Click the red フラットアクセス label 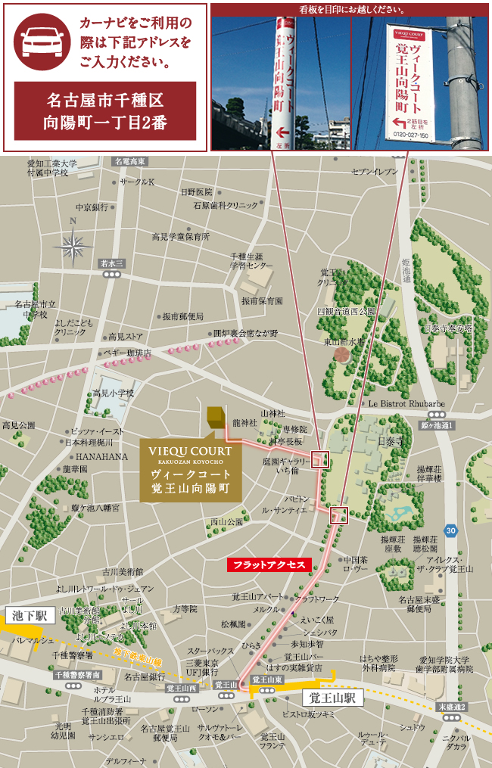tap(269, 564)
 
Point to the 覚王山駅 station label tap(333, 697)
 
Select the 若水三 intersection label tap(112, 263)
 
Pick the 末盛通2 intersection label tap(452, 707)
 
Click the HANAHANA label tap(101, 456)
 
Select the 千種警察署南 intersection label tap(77, 674)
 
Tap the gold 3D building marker tap(215, 417)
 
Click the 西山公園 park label tap(226, 521)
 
